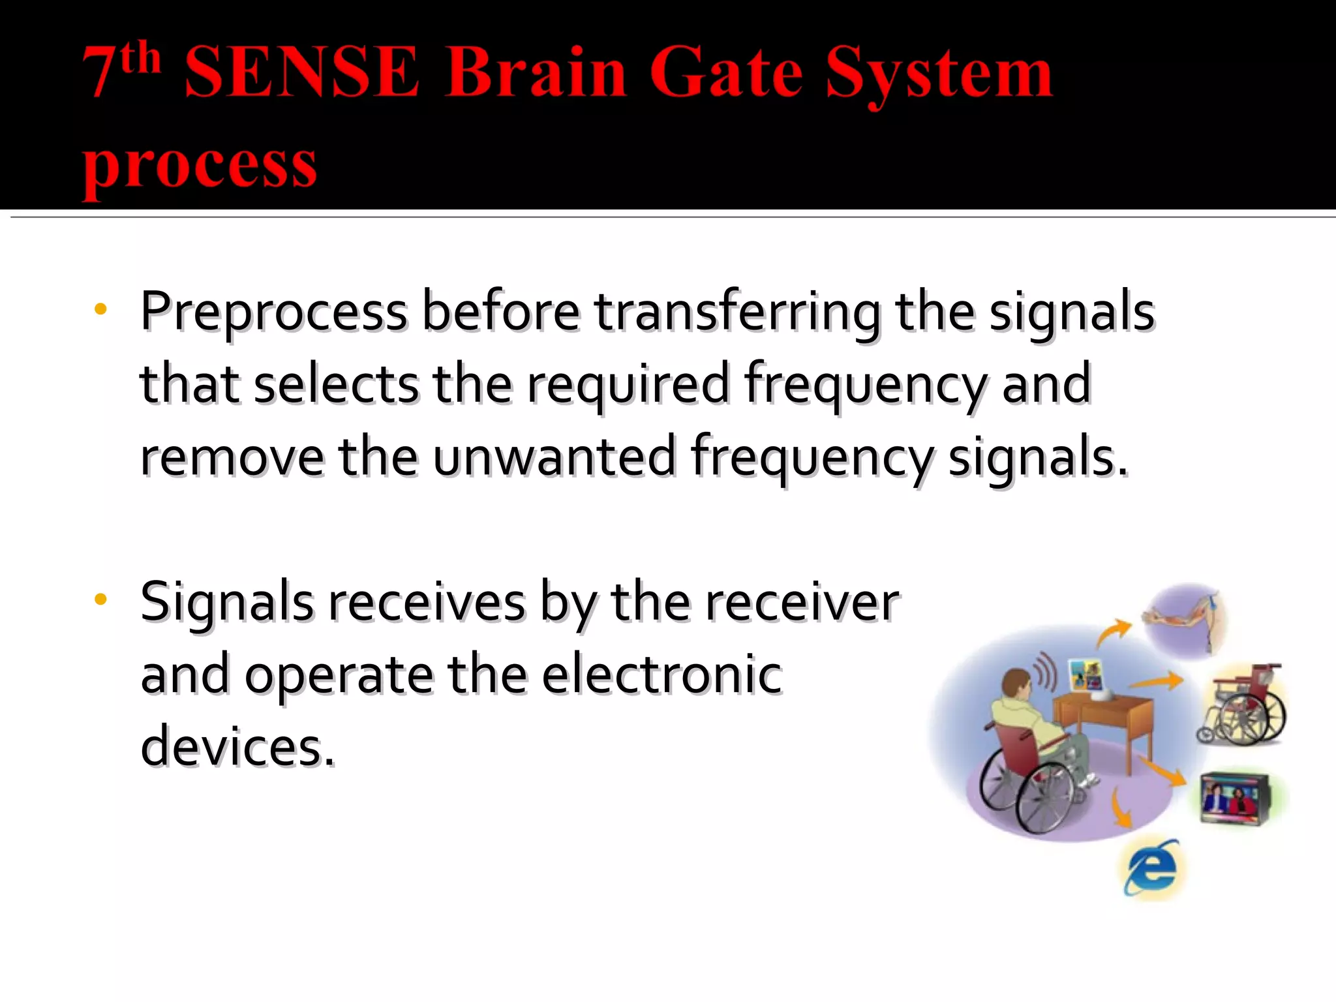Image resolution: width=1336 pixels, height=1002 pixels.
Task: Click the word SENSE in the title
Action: pos(301,73)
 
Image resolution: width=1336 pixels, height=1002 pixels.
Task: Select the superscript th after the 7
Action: pos(141,58)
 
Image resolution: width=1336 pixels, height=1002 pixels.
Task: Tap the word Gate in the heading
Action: pos(725,73)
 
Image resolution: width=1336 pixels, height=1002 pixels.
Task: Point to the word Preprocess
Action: pos(274,312)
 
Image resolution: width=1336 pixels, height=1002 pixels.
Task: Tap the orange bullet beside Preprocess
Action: pos(100,309)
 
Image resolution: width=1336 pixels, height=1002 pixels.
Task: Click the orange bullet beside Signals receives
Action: pos(100,599)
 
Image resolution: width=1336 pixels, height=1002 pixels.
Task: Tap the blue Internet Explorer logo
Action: pos(1151,868)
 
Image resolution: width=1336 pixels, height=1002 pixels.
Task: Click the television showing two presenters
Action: pos(1234,798)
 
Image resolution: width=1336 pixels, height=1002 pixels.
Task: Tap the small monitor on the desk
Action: pos(1085,675)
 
